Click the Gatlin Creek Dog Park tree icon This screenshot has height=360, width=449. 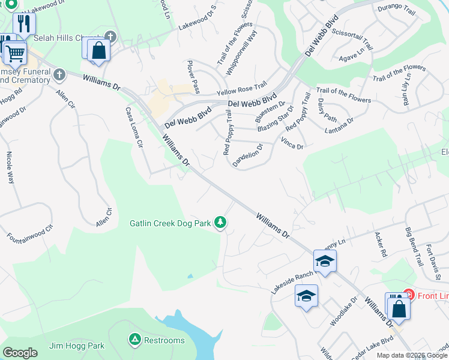pos(221,223)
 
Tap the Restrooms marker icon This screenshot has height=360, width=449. pos(135,340)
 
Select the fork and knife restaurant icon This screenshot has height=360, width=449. pos(24,23)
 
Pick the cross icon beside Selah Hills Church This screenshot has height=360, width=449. pos(109,36)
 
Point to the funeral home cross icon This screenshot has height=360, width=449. pos(58,75)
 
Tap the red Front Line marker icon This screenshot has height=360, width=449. pos(409,295)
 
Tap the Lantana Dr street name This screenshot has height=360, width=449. pos(339,125)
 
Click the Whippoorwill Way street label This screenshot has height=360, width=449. pos(241,52)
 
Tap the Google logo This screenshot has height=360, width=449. pos(20,353)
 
